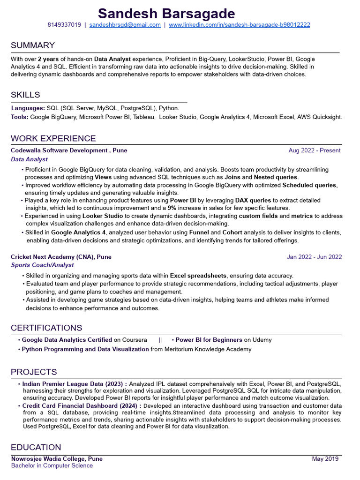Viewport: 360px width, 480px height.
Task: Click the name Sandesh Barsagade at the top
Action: pyautogui.click(x=180, y=13)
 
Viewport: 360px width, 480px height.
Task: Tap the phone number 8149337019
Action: pyautogui.click(x=64, y=25)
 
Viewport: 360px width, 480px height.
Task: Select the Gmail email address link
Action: pyautogui.click(x=125, y=25)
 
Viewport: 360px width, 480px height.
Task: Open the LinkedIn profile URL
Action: pyautogui.click(x=239, y=25)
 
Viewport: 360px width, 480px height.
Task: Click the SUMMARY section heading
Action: pyautogui.click(x=33, y=45)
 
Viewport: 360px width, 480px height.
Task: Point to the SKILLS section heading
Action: pyautogui.click(x=25, y=95)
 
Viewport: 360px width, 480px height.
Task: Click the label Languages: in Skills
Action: pyautogui.click(x=28, y=108)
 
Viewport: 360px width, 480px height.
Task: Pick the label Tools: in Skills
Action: pyautogui.click(x=20, y=117)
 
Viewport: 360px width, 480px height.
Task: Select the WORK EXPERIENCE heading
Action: pyautogui.click(x=53, y=138)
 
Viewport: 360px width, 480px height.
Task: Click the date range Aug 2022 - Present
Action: pyautogui.click(x=315, y=150)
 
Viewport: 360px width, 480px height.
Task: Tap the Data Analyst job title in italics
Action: pyautogui.click(x=29, y=159)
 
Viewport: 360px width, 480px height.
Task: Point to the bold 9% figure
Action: pyautogui.click(x=172, y=208)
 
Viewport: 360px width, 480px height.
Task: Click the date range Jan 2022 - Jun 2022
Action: pyautogui.click(x=314, y=257)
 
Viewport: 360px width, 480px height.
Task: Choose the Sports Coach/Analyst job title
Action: pyautogui.click(x=42, y=265)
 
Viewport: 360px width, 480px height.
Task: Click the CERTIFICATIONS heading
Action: pyautogui.click(x=46, y=328)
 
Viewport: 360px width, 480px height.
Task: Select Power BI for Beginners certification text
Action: pyautogui.click(x=209, y=340)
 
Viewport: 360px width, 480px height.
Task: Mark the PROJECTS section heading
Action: pyautogui.click(x=34, y=372)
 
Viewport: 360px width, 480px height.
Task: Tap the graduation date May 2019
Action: pyautogui.click(x=325, y=459)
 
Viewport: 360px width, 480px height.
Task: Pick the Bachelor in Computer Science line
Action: pyautogui.click(x=52, y=466)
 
